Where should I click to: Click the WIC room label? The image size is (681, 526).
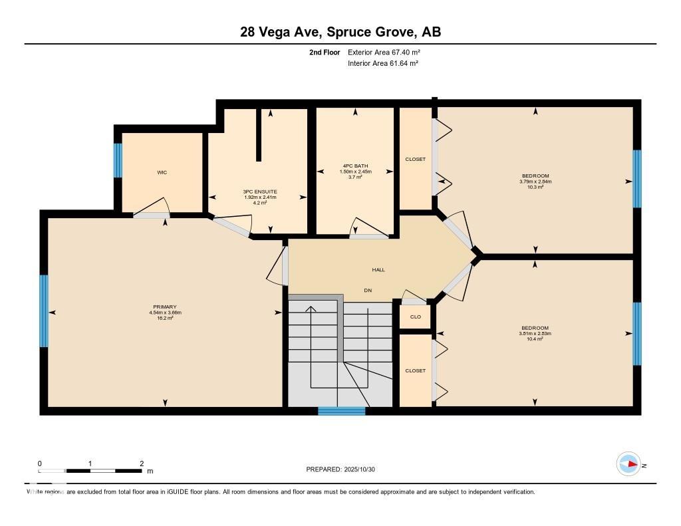pyautogui.click(x=162, y=172)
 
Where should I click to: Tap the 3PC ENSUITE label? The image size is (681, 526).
pyautogui.click(x=259, y=192)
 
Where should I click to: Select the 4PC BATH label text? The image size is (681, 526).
pyautogui.click(x=355, y=166)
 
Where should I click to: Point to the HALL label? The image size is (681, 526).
pyautogui.click(x=378, y=269)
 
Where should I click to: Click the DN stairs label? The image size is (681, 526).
pyautogui.click(x=367, y=291)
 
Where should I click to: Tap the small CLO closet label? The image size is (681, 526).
pyautogui.click(x=415, y=317)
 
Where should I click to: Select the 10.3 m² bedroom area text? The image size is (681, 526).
pyautogui.click(x=535, y=188)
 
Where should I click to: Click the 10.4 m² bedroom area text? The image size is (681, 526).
pyautogui.click(x=535, y=339)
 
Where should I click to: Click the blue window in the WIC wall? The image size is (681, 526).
pyautogui.click(x=118, y=160)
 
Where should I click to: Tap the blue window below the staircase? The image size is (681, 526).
pyautogui.click(x=341, y=411)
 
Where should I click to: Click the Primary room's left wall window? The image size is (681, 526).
pyautogui.click(x=44, y=311)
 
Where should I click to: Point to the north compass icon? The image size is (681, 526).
pyautogui.click(x=628, y=464)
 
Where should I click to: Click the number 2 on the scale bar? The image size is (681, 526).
pyautogui.click(x=142, y=463)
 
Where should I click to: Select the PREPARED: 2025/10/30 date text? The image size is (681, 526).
pyautogui.click(x=345, y=469)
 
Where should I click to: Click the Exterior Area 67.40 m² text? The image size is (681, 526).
pyautogui.click(x=384, y=52)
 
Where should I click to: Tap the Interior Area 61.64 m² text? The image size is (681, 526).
pyautogui.click(x=382, y=64)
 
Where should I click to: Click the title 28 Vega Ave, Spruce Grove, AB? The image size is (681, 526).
pyautogui.click(x=340, y=32)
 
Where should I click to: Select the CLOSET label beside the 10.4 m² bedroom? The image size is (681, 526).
pyautogui.click(x=415, y=370)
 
